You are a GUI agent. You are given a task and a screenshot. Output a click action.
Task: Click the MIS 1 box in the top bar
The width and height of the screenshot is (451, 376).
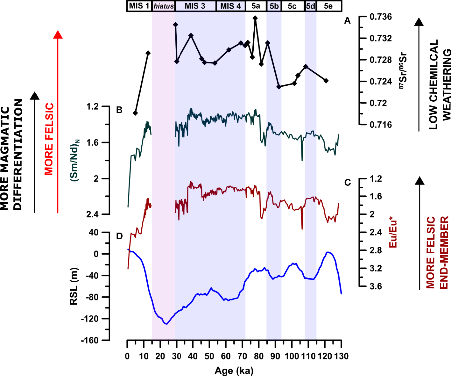pos(139,6)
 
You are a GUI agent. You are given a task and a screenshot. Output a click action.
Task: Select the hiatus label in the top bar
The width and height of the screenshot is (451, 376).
pos(164,6)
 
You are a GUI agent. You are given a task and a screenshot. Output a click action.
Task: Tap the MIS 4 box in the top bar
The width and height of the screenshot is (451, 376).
pos(230,6)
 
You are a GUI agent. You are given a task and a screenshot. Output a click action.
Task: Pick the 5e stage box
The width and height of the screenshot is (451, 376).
pos(328,6)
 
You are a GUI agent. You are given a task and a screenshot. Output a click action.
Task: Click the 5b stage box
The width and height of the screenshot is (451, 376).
pos(274,6)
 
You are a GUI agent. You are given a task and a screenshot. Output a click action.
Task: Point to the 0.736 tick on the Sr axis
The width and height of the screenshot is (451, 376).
pos(381,17)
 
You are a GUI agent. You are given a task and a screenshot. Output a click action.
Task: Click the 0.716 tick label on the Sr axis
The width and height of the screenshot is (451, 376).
pos(381,125)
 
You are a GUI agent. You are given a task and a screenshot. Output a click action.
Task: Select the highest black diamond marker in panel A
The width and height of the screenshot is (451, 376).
pos(255,18)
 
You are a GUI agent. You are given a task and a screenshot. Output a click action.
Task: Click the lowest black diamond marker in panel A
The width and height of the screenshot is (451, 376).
pos(135,113)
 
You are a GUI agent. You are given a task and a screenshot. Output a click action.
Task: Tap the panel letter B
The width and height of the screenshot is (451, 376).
pos(119,110)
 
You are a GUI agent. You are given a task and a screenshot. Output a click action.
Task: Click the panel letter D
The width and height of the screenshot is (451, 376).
pos(119,236)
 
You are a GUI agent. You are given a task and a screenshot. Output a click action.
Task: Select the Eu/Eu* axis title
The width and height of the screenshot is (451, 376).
pos(393,232)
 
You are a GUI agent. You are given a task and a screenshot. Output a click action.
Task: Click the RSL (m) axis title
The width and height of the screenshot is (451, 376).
pos(74,286)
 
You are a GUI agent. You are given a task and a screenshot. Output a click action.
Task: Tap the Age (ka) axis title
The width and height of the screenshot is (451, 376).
pos(234,371)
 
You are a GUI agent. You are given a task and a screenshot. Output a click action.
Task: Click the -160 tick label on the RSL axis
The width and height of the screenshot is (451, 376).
pos(90,340)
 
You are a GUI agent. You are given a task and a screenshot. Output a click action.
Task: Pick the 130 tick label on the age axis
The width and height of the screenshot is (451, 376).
pos(341,356)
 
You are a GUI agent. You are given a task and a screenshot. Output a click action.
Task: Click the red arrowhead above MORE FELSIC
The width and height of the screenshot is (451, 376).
pos(58,34)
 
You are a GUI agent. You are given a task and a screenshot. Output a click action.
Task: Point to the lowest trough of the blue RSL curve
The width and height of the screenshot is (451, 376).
pos(166,324)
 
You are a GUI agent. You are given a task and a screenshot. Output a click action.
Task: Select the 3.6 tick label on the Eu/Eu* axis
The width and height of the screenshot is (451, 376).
pos(376,286)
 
